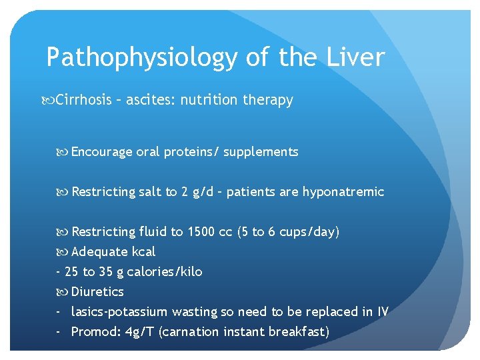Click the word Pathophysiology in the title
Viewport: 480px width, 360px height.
tap(142, 58)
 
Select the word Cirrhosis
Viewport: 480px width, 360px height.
tap(83, 100)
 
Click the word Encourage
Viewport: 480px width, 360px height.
tap(102, 152)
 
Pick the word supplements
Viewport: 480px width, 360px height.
tap(261, 152)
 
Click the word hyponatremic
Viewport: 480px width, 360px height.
tap(343, 192)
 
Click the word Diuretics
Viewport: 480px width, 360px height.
tap(97, 292)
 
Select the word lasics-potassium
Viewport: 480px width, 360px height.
tap(119, 312)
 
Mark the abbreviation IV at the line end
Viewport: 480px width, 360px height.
tap(382, 312)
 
